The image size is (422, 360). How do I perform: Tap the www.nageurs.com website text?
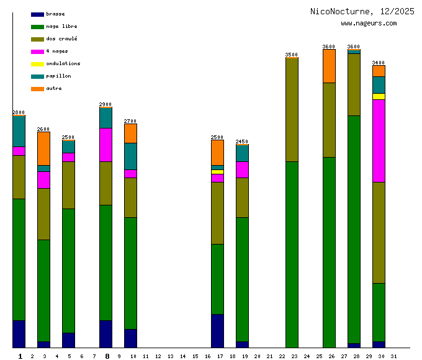tap(369, 24)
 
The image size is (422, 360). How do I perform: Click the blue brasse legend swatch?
tap(37, 14)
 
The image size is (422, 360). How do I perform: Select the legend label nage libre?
tap(61, 27)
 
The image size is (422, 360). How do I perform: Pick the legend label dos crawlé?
tap(61, 39)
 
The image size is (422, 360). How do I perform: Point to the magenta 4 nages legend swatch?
tap(37, 52)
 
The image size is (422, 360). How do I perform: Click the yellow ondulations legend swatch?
tap(37, 64)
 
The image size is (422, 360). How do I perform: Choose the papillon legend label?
tap(58, 76)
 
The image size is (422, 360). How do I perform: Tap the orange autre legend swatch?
tap(37, 89)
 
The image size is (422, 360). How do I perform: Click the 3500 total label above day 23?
tap(292, 55)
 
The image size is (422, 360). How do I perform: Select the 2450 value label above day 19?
tap(242, 142)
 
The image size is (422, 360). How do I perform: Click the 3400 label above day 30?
tap(379, 63)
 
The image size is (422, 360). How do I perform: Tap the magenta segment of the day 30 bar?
tap(379, 140)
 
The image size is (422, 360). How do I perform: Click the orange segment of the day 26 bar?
tap(329, 66)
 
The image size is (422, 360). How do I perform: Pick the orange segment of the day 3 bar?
tap(43, 148)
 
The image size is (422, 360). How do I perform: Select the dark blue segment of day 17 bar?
tap(217, 331)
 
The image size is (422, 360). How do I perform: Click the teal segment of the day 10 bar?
tap(130, 156)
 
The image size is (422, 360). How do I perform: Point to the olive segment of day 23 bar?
tap(292, 109)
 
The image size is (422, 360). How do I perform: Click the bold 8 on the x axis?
tap(107, 356)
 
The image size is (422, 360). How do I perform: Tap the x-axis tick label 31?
tap(393, 356)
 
